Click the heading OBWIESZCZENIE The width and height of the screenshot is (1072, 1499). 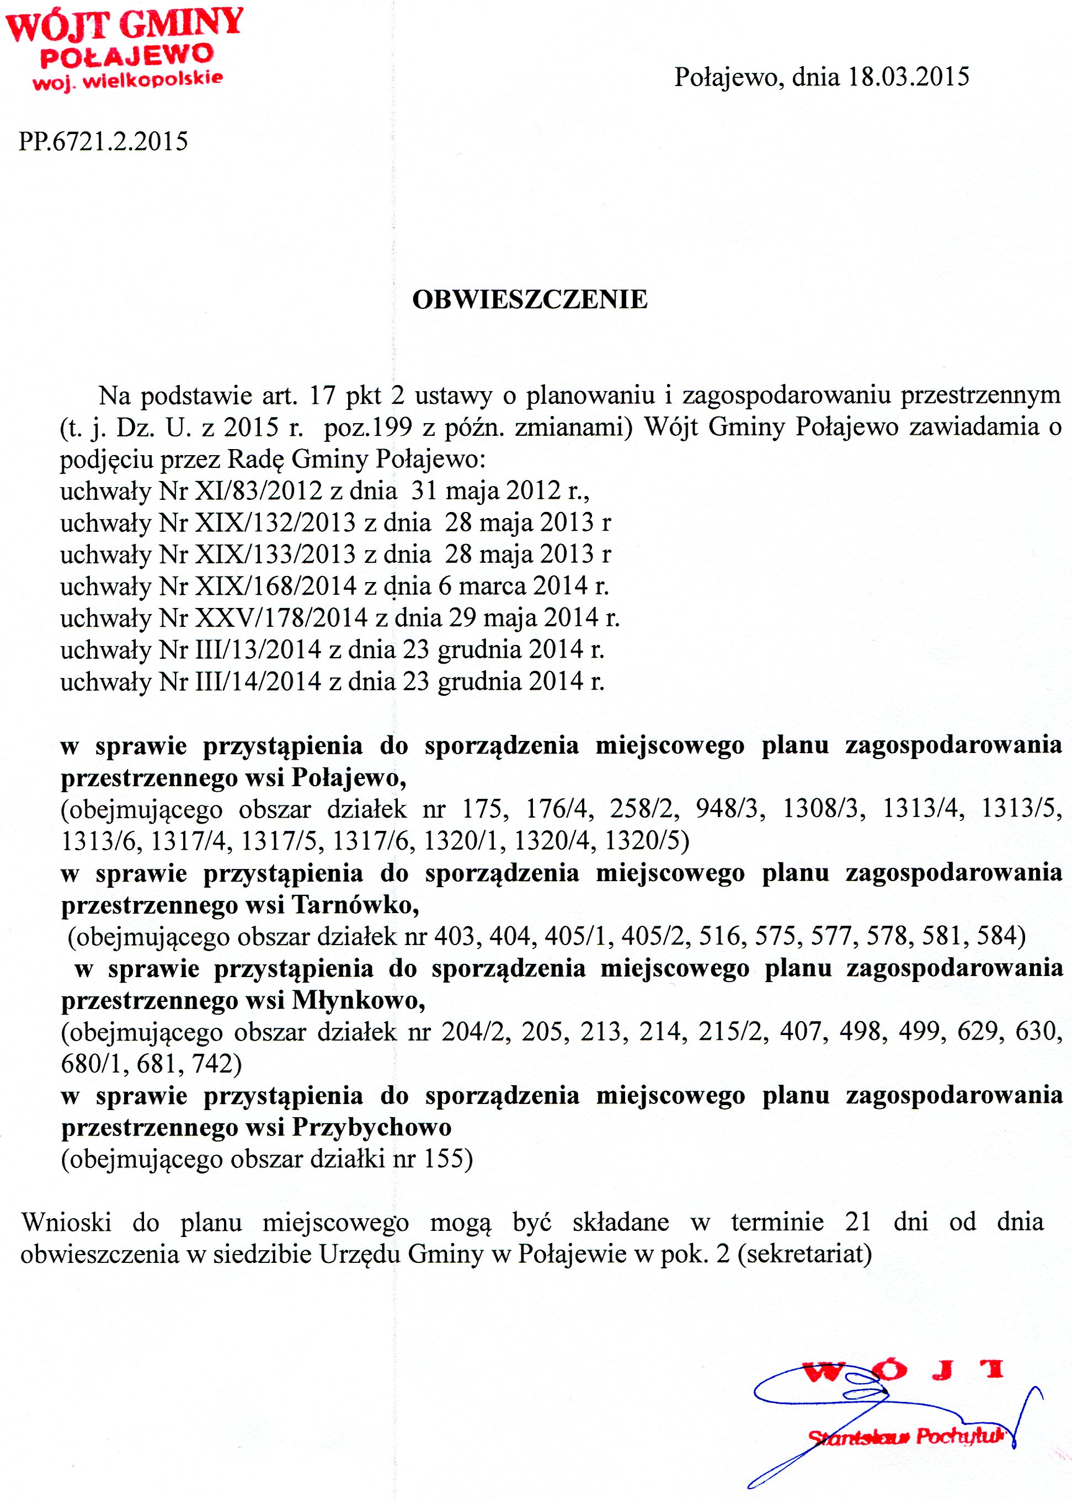(530, 300)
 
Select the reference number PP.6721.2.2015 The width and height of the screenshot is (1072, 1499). (104, 141)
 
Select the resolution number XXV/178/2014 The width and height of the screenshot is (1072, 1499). (281, 618)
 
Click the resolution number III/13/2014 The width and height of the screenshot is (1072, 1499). (258, 649)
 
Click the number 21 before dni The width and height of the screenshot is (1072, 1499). (857, 1222)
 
